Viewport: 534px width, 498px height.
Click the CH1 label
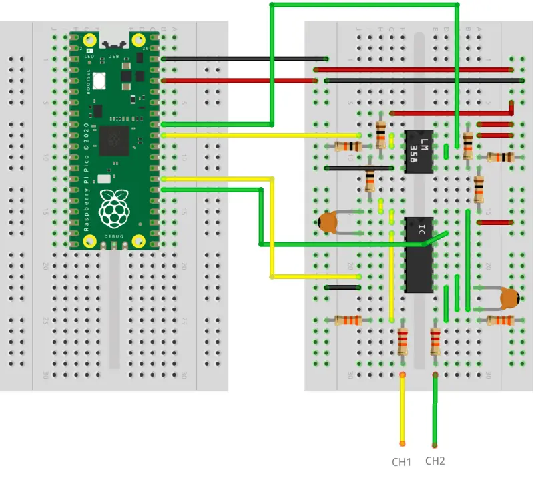click(401, 461)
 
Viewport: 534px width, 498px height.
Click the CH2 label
click(435, 461)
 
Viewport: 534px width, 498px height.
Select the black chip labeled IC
click(419, 254)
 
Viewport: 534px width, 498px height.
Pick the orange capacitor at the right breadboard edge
click(510, 298)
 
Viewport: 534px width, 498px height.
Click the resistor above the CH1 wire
click(402, 342)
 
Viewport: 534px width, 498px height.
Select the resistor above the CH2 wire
click(435, 342)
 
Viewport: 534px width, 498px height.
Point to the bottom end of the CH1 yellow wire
click(402, 443)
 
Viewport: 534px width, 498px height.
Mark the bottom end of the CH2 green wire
click(435, 445)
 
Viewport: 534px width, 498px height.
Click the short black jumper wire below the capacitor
click(342, 287)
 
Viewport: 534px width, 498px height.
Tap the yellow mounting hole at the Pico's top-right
click(140, 39)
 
